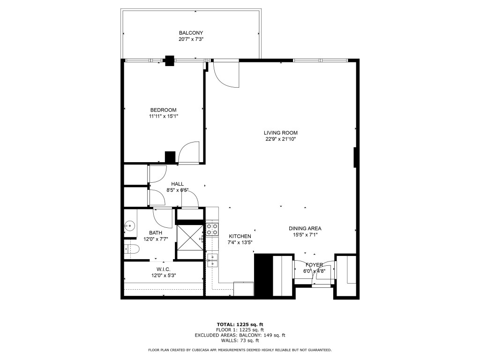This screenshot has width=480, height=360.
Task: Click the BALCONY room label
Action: (191, 33)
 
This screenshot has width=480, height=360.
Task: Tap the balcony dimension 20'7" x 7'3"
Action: (191, 39)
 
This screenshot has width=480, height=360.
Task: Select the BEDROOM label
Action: (163, 110)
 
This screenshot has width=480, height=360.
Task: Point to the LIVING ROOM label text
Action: (280, 133)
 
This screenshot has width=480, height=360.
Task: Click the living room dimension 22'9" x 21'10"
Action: (280, 139)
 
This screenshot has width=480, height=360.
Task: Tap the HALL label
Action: (177, 184)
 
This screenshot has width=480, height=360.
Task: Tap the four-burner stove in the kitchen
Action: (212, 229)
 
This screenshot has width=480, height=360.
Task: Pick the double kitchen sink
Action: (212, 260)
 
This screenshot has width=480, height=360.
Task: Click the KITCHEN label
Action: (240, 236)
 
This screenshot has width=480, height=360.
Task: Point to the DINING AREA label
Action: (305, 229)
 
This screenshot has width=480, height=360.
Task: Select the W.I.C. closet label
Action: (163, 270)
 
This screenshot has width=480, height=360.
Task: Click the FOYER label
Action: (315, 265)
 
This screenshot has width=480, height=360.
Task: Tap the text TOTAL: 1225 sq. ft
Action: (240, 324)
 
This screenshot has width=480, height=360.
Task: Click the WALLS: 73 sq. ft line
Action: (240, 341)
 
